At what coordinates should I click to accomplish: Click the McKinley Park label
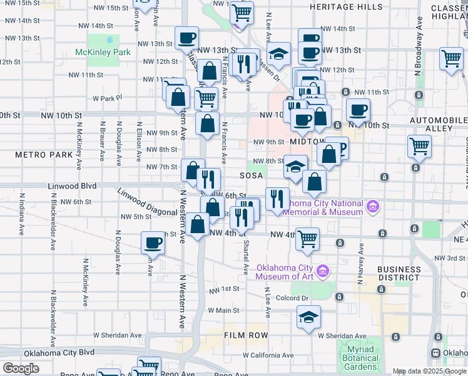point(103,52)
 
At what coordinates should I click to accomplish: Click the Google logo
point(21,368)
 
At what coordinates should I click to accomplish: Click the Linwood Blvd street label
point(73,187)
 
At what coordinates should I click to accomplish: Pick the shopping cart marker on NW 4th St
point(307,239)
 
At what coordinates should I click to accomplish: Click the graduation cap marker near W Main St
point(308,318)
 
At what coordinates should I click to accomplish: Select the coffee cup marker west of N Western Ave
point(153,243)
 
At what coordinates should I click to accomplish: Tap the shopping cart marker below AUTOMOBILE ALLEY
point(419,147)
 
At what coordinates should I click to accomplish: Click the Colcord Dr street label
point(292,298)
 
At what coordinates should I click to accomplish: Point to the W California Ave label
point(268,355)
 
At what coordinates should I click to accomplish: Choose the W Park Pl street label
point(106,98)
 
